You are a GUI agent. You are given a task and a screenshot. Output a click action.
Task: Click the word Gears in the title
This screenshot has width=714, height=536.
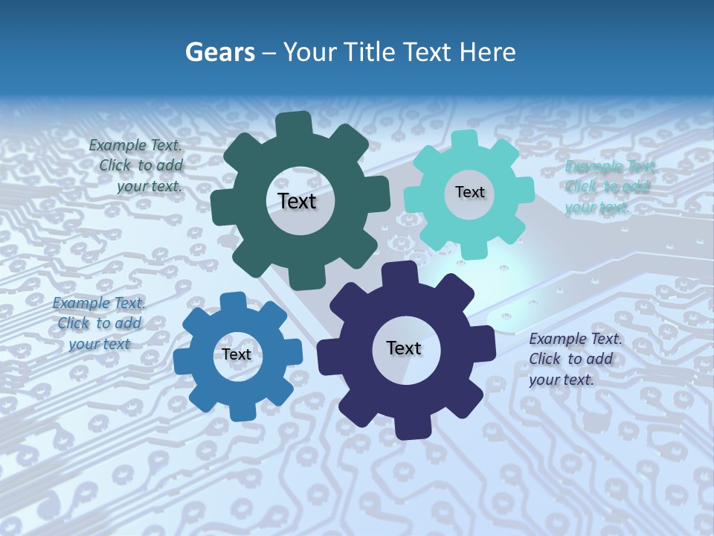219,52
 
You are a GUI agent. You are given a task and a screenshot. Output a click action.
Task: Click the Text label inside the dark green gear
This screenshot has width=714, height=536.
297,201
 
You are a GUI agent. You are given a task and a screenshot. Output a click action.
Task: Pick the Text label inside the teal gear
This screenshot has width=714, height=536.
469,192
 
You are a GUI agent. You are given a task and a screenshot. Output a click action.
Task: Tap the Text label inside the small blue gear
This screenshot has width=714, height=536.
237,354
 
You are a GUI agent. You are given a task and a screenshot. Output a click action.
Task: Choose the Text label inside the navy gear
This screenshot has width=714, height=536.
404,348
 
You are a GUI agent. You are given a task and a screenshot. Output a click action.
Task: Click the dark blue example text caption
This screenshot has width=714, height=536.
575,359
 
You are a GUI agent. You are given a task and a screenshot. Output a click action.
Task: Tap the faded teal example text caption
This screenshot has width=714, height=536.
609,186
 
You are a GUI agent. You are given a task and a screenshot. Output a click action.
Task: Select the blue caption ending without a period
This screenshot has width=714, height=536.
98,323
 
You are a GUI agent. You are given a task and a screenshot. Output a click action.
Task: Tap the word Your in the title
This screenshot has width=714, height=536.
312,52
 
